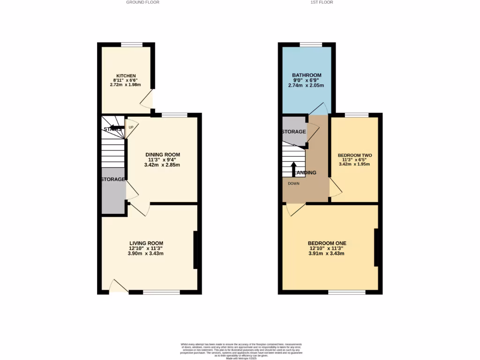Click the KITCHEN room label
pos(126,75)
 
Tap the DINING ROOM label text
pos(163,155)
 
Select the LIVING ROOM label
pos(146,243)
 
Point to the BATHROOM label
pos(307,75)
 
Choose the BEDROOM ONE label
pos(327,243)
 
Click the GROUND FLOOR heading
pos(142,2)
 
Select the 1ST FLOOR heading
pos(322,2)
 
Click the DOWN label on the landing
pos(293,184)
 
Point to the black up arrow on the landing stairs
pos(293,168)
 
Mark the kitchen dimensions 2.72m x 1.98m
pos(125,85)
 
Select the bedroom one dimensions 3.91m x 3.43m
pos(326,254)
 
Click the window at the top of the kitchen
pos(132,45)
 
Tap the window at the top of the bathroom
pos(311,45)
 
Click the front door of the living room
pos(119,287)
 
